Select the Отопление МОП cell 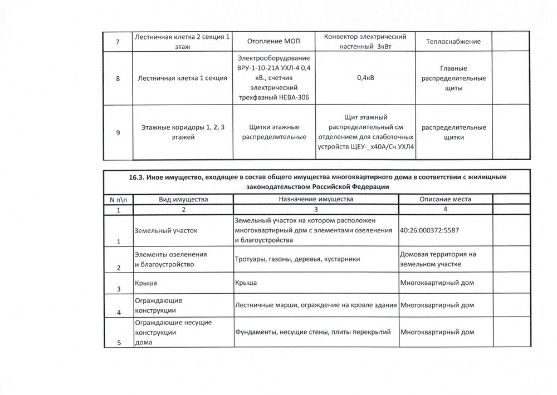click(273, 42)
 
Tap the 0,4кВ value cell click(365, 77)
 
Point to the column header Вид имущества click(183, 199)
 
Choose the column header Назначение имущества click(315, 199)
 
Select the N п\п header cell click(118, 199)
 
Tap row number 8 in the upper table click(118, 78)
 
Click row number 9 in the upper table click(118, 133)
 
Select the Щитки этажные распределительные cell click(273, 132)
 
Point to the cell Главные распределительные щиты click(453, 78)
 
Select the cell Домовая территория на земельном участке click(438, 259)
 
